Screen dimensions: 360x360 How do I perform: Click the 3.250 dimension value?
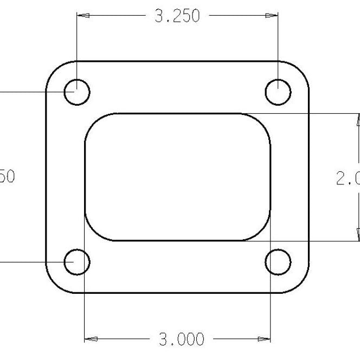177,17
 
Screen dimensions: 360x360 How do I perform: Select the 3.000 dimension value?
181,340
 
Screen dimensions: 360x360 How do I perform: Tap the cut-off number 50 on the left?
8,177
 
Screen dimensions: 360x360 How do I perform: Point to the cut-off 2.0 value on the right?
347,178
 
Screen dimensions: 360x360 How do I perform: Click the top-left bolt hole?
77,92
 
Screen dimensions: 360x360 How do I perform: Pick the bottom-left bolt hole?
77,263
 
